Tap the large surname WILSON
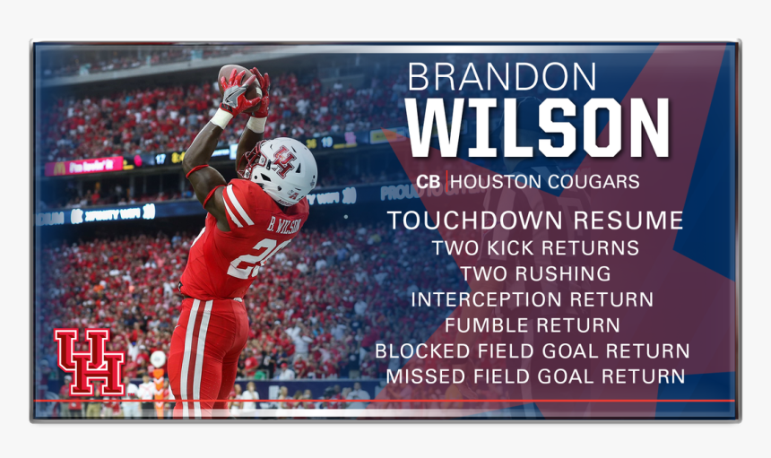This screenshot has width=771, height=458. pos(537,128)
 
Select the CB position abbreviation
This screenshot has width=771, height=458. pos(429,182)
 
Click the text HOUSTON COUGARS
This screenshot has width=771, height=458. pos(545,182)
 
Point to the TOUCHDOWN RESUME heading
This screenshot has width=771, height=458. pos(535,220)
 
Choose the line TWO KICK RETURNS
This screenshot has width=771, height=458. pos(535,247)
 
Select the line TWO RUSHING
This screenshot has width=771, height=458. pos(535,273)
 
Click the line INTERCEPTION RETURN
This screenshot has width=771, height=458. pos(533,299)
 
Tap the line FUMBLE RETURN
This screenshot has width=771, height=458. pos(533,325)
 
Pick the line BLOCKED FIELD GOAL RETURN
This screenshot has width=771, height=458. pos(533,351)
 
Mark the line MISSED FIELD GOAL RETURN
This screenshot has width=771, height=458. pos(535,377)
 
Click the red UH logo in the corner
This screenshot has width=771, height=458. pos(89,361)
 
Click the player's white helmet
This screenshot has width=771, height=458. pos(285,169)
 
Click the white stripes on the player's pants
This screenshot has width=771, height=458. pos(192,359)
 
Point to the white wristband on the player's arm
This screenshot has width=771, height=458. pos(221,117)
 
